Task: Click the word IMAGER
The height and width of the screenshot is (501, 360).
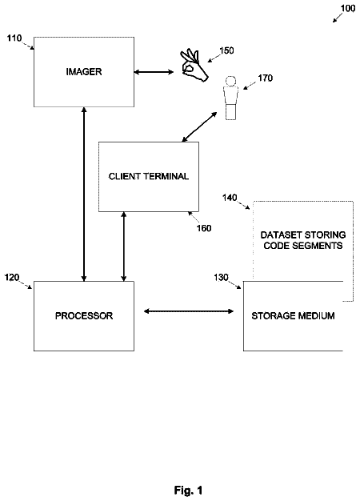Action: [x=84, y=72]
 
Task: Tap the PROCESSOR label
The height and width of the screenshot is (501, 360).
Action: [x=84, y=316]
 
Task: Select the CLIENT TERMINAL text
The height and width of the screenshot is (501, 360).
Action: [x=149, y=176]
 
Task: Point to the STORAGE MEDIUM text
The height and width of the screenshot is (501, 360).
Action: [x=293, y=316]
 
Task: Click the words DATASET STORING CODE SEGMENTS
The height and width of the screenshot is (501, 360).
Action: [x=303, y=240]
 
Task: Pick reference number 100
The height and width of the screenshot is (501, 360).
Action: [x=348, y=8]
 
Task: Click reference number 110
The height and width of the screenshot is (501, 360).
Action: [x=14, y=38]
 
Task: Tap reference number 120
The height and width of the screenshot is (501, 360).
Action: [x=12, y=278]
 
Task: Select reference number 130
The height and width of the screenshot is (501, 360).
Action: [x=222, y=278]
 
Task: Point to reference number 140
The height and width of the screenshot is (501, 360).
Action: [x=230, y=198]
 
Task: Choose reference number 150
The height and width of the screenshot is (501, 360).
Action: [x=226, y=50]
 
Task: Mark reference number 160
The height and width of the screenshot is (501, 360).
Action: [x=204, y=228]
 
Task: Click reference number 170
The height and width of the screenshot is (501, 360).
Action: [x=265, y=78]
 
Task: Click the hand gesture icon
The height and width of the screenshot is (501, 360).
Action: [x=194, y=65]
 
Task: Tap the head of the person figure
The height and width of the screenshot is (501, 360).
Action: [x=230, y=81]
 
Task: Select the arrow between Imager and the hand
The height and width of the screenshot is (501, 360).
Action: [x=154, y=72]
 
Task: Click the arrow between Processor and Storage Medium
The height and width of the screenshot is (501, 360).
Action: [x=189, y=311]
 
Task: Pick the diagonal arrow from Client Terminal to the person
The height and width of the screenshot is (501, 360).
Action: [x=199, y=126]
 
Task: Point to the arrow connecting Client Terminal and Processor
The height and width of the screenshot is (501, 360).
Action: [x=124, y=246]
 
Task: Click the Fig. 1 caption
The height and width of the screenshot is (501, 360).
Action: [x=188, y=490]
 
